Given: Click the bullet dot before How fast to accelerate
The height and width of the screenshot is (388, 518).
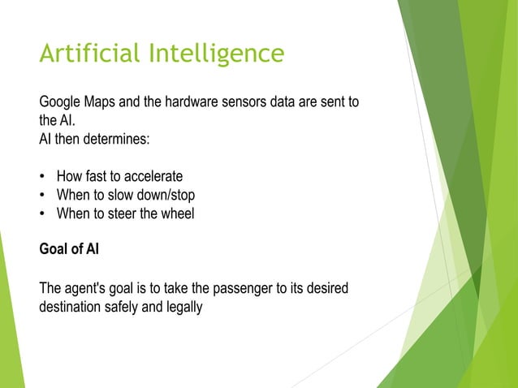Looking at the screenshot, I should tap(42, 177).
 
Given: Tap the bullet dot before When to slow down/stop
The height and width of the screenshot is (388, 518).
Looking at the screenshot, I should tap(42, 196).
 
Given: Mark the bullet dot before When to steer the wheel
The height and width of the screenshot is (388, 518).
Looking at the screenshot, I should tap(42, 214).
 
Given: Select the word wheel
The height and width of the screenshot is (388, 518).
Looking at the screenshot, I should tap(178, 213).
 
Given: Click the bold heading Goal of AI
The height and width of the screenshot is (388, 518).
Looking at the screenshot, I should tap(69, 250).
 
